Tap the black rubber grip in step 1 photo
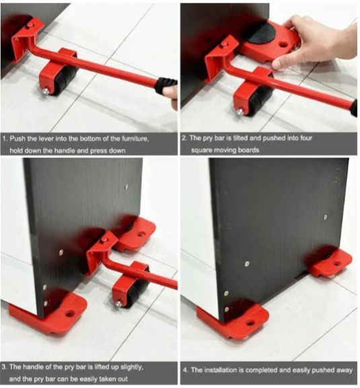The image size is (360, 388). tap(165, 86)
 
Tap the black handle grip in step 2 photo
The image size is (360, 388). tap(353, 106)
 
